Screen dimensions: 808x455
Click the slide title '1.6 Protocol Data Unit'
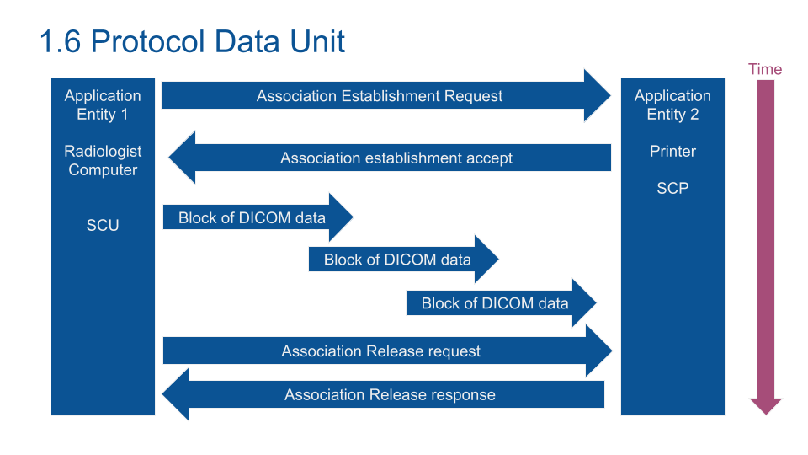(x=192, y=41)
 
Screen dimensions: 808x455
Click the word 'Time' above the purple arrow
(x=765, y=69)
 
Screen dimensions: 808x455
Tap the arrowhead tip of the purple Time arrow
(x=766, y=415)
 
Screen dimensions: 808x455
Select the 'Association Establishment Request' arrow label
(x=380, y=96)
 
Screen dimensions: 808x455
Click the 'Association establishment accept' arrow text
(x=396, y=158)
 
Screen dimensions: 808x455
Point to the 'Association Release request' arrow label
(x=380, y=351)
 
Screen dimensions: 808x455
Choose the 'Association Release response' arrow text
(x=390, y=394)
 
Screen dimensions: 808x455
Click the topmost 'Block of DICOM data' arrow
(x=258, y=217)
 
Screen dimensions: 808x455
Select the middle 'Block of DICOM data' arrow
(x=403, y=260)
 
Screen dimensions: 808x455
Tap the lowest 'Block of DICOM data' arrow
(x=501, y=303)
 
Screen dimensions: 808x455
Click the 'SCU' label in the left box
(x=103, y=226)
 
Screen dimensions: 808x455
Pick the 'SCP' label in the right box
(x=672, y=188)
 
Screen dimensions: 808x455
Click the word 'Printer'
(x=672, y=151)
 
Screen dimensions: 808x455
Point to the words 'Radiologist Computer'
(x=103, y=160)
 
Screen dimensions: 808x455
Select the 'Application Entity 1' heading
(x=103, y=104)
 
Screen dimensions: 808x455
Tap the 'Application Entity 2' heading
(x=672, y=104)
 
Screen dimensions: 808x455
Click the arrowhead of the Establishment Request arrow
(x=598, y=95)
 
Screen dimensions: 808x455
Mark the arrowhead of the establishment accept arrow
(x=182, y=158)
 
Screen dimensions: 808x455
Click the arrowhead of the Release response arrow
(x=176, y=394)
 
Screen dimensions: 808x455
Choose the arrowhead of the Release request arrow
(x=599, y=351)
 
